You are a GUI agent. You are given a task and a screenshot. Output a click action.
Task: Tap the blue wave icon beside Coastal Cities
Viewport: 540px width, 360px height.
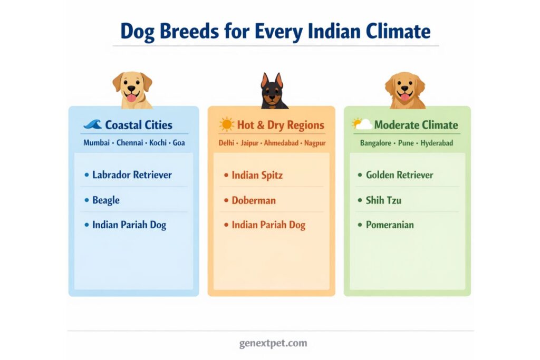pos(93,124)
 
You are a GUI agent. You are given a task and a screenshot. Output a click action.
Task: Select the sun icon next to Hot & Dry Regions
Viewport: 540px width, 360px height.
pos(227,124)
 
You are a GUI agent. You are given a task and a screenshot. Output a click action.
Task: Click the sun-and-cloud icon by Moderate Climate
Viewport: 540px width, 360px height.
pos(362,124)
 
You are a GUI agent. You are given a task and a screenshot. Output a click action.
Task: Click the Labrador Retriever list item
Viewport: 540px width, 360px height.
pos(132,175)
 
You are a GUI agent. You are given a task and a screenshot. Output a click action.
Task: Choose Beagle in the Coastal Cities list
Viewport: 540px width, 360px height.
pos(105,200)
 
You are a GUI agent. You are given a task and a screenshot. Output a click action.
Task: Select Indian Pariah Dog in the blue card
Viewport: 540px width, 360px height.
pos(129,225)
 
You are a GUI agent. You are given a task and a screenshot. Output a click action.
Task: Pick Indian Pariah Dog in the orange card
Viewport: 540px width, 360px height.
pos(268,225)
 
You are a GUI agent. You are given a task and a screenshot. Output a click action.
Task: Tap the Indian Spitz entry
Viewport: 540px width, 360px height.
pos(257,175)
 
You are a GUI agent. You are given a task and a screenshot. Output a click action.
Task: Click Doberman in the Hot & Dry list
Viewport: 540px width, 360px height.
pos(254,200)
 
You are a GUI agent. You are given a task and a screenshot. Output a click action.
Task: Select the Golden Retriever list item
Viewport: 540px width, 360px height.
pos(399,175)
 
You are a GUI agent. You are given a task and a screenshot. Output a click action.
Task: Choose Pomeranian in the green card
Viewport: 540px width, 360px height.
pos(390,225)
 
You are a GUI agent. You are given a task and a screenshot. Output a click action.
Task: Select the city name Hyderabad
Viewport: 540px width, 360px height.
pos(437,143)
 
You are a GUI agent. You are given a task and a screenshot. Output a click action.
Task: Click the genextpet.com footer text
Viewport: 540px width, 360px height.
pos(273,343)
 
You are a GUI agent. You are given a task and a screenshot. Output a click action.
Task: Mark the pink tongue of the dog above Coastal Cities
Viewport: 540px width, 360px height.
pos(131,98)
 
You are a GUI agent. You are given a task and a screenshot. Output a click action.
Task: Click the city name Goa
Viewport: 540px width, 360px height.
pos(179,143)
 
